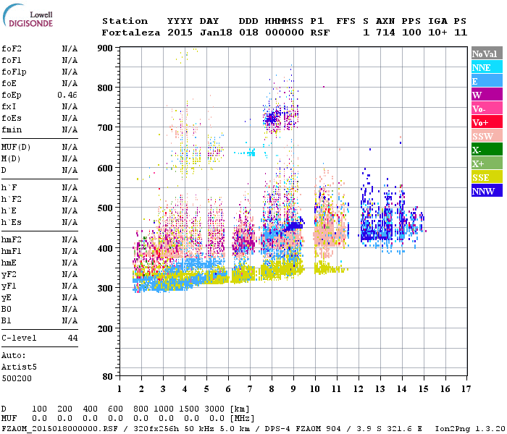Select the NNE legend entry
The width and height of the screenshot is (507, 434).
(x=487, y=67)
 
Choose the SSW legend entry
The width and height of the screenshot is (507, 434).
(x=487, y=136)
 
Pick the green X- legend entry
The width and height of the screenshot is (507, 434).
(x=487, y=150)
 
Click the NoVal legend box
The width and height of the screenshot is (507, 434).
(x=487, y=54)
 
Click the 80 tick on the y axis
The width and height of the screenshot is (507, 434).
(x=108, y=377)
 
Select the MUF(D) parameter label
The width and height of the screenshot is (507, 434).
(x=15, y=147)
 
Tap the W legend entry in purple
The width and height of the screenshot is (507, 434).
(x=487, y=95)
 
